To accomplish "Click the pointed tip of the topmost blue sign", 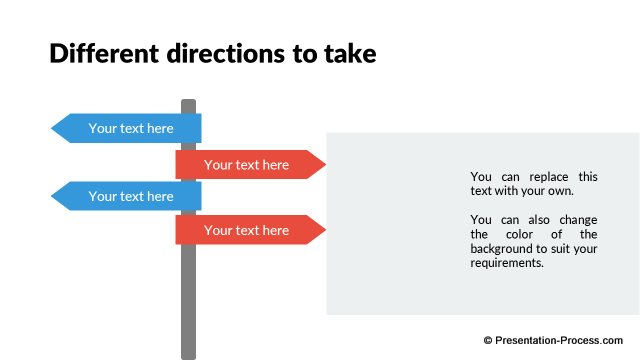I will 53,128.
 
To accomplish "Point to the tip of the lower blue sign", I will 53,196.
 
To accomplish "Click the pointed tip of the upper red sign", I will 324,164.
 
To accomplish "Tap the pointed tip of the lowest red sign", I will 324,230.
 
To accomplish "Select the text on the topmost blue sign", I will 131,128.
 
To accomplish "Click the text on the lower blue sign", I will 131,196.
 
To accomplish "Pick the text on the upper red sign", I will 246,164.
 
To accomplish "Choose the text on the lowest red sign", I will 246,230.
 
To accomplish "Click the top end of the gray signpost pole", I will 188,102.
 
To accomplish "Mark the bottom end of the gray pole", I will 188,355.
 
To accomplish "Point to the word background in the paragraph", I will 504,248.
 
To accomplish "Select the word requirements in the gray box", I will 507,263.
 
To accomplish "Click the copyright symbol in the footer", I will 489,340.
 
